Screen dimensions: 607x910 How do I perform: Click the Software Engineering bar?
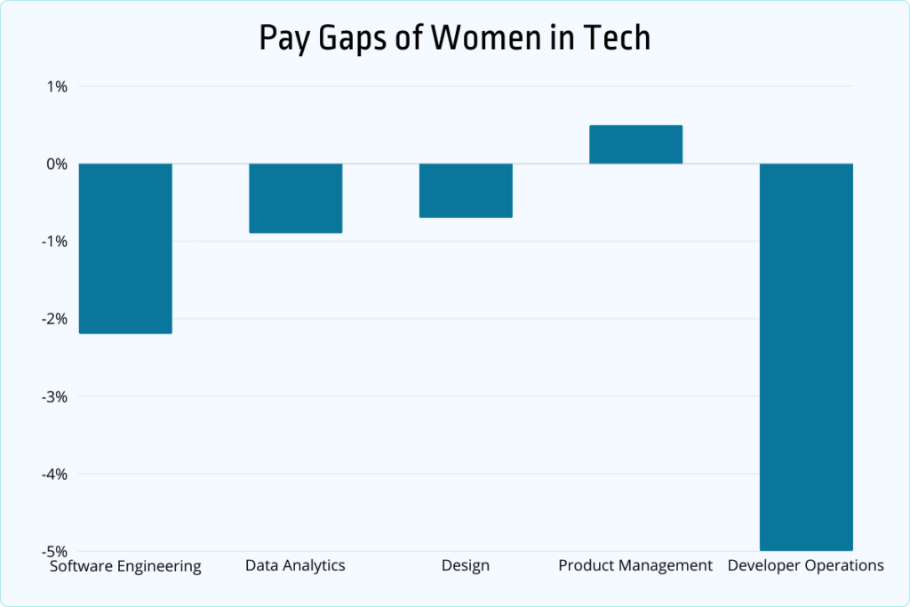click(125, 248)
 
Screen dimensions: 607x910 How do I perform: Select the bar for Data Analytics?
click(295, 198)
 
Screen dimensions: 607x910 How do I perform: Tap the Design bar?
click(466, 190)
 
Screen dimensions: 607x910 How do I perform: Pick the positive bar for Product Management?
click(636, 145)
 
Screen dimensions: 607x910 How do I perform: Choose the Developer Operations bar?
click(806, 356)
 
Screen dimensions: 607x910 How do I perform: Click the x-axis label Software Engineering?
click(125, 566)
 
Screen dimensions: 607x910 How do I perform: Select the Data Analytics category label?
click(295, 566)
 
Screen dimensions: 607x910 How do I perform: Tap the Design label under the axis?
click(466, 566)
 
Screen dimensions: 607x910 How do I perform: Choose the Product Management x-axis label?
click(635, 566)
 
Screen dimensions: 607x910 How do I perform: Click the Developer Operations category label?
click(806, 566)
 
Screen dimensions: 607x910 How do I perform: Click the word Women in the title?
click(488, 39)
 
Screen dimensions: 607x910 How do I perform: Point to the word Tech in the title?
click(619, 39)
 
